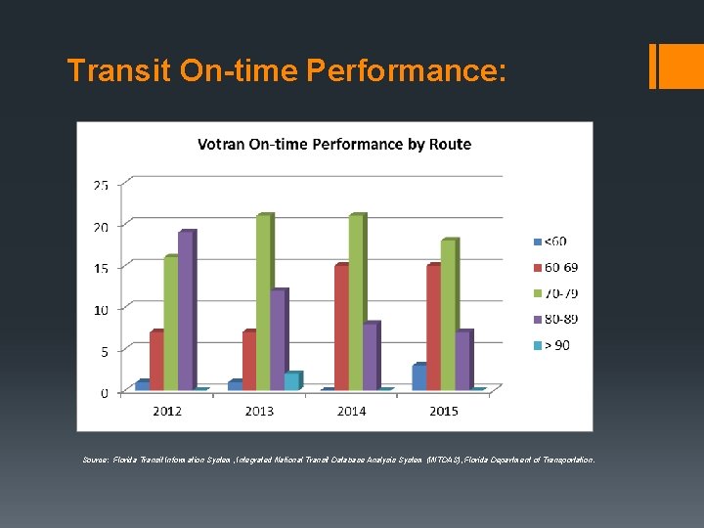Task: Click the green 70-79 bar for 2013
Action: tap(263, 303)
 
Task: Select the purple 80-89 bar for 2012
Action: tap(186, 311)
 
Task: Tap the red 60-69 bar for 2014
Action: tap(340, 328)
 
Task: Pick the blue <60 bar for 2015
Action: tap(418, 377)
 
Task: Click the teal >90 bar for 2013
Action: tap(291, 381)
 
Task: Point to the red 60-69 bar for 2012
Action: tap(156, 361)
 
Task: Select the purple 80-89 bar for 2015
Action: tap(462, 361)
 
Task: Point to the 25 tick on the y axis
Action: tap(101, 184)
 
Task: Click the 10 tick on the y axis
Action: tap(101, 309)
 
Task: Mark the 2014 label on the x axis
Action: tap(351, 412)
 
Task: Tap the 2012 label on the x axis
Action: tap(166, 412)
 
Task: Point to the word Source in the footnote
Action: tap(96, 459)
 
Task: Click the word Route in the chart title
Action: tap(450, 145)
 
